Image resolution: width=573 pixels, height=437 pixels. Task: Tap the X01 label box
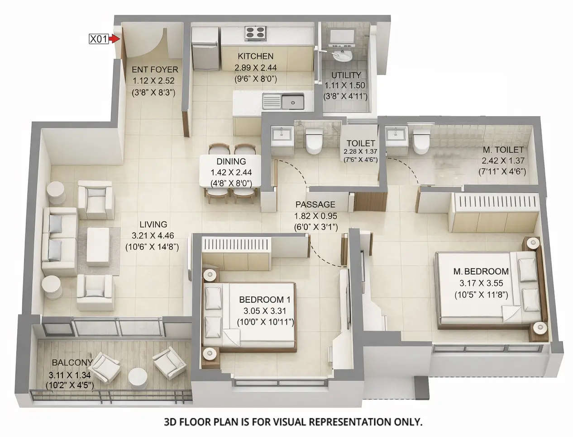(99, 39)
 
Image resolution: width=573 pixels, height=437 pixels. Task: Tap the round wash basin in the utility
(342, 56)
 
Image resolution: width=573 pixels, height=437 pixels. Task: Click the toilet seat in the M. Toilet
(421, 140)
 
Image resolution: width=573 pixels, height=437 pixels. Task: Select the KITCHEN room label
(255, 56)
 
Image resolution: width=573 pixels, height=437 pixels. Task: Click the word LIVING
(153, 224)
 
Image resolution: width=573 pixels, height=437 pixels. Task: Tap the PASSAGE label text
(315, 205)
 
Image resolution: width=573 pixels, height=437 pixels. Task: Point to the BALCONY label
(72, 362)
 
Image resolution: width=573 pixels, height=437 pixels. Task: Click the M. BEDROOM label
(481, 272)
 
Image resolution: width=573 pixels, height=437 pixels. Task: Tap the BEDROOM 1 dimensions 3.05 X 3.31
(265, 311)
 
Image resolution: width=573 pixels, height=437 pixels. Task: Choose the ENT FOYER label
(154, 70)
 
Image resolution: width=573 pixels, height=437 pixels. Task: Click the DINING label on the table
(231, 161)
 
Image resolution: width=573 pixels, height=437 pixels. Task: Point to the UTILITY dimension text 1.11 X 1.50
(345, 85)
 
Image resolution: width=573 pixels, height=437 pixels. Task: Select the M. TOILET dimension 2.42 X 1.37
(502, 161)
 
